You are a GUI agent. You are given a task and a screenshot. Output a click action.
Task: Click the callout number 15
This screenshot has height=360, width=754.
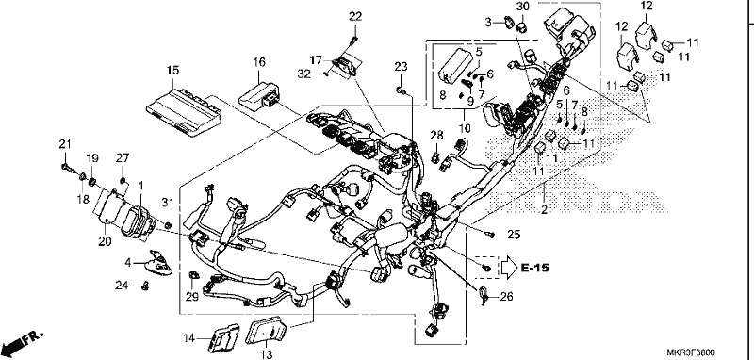(172, 70)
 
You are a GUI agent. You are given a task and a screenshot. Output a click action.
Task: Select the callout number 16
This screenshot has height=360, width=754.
(259, 61)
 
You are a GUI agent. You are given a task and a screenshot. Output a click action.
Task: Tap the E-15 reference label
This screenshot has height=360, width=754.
(534, 268)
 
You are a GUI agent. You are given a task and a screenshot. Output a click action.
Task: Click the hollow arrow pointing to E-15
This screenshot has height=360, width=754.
(509, 269)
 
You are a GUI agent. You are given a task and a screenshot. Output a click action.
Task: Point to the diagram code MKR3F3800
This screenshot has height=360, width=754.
(691, 352)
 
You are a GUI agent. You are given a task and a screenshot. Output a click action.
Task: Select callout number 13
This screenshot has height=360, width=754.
(266, 354)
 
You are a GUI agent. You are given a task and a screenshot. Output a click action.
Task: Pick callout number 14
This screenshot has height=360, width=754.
(189, 338)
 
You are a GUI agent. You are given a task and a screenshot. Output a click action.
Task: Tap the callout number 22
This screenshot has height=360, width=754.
(355, 17)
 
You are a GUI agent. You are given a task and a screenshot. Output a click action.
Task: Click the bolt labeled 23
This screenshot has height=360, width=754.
(402, 90)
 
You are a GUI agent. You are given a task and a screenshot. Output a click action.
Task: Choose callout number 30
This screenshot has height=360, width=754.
(522, 7)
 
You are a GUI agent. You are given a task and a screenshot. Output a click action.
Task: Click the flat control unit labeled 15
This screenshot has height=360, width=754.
(182, 111)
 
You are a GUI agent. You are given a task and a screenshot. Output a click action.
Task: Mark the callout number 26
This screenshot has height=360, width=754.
(506, 297)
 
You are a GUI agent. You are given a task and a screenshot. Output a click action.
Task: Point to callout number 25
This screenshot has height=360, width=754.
(514, 235)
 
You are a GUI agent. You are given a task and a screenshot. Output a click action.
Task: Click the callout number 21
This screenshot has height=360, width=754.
(65, 143)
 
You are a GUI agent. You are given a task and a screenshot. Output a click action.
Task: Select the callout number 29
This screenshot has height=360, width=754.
(192, 298)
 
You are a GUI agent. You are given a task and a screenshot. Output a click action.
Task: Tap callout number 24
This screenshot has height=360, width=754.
(122, 286)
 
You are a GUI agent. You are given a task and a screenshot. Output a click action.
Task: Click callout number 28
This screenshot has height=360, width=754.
(436, 135)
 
